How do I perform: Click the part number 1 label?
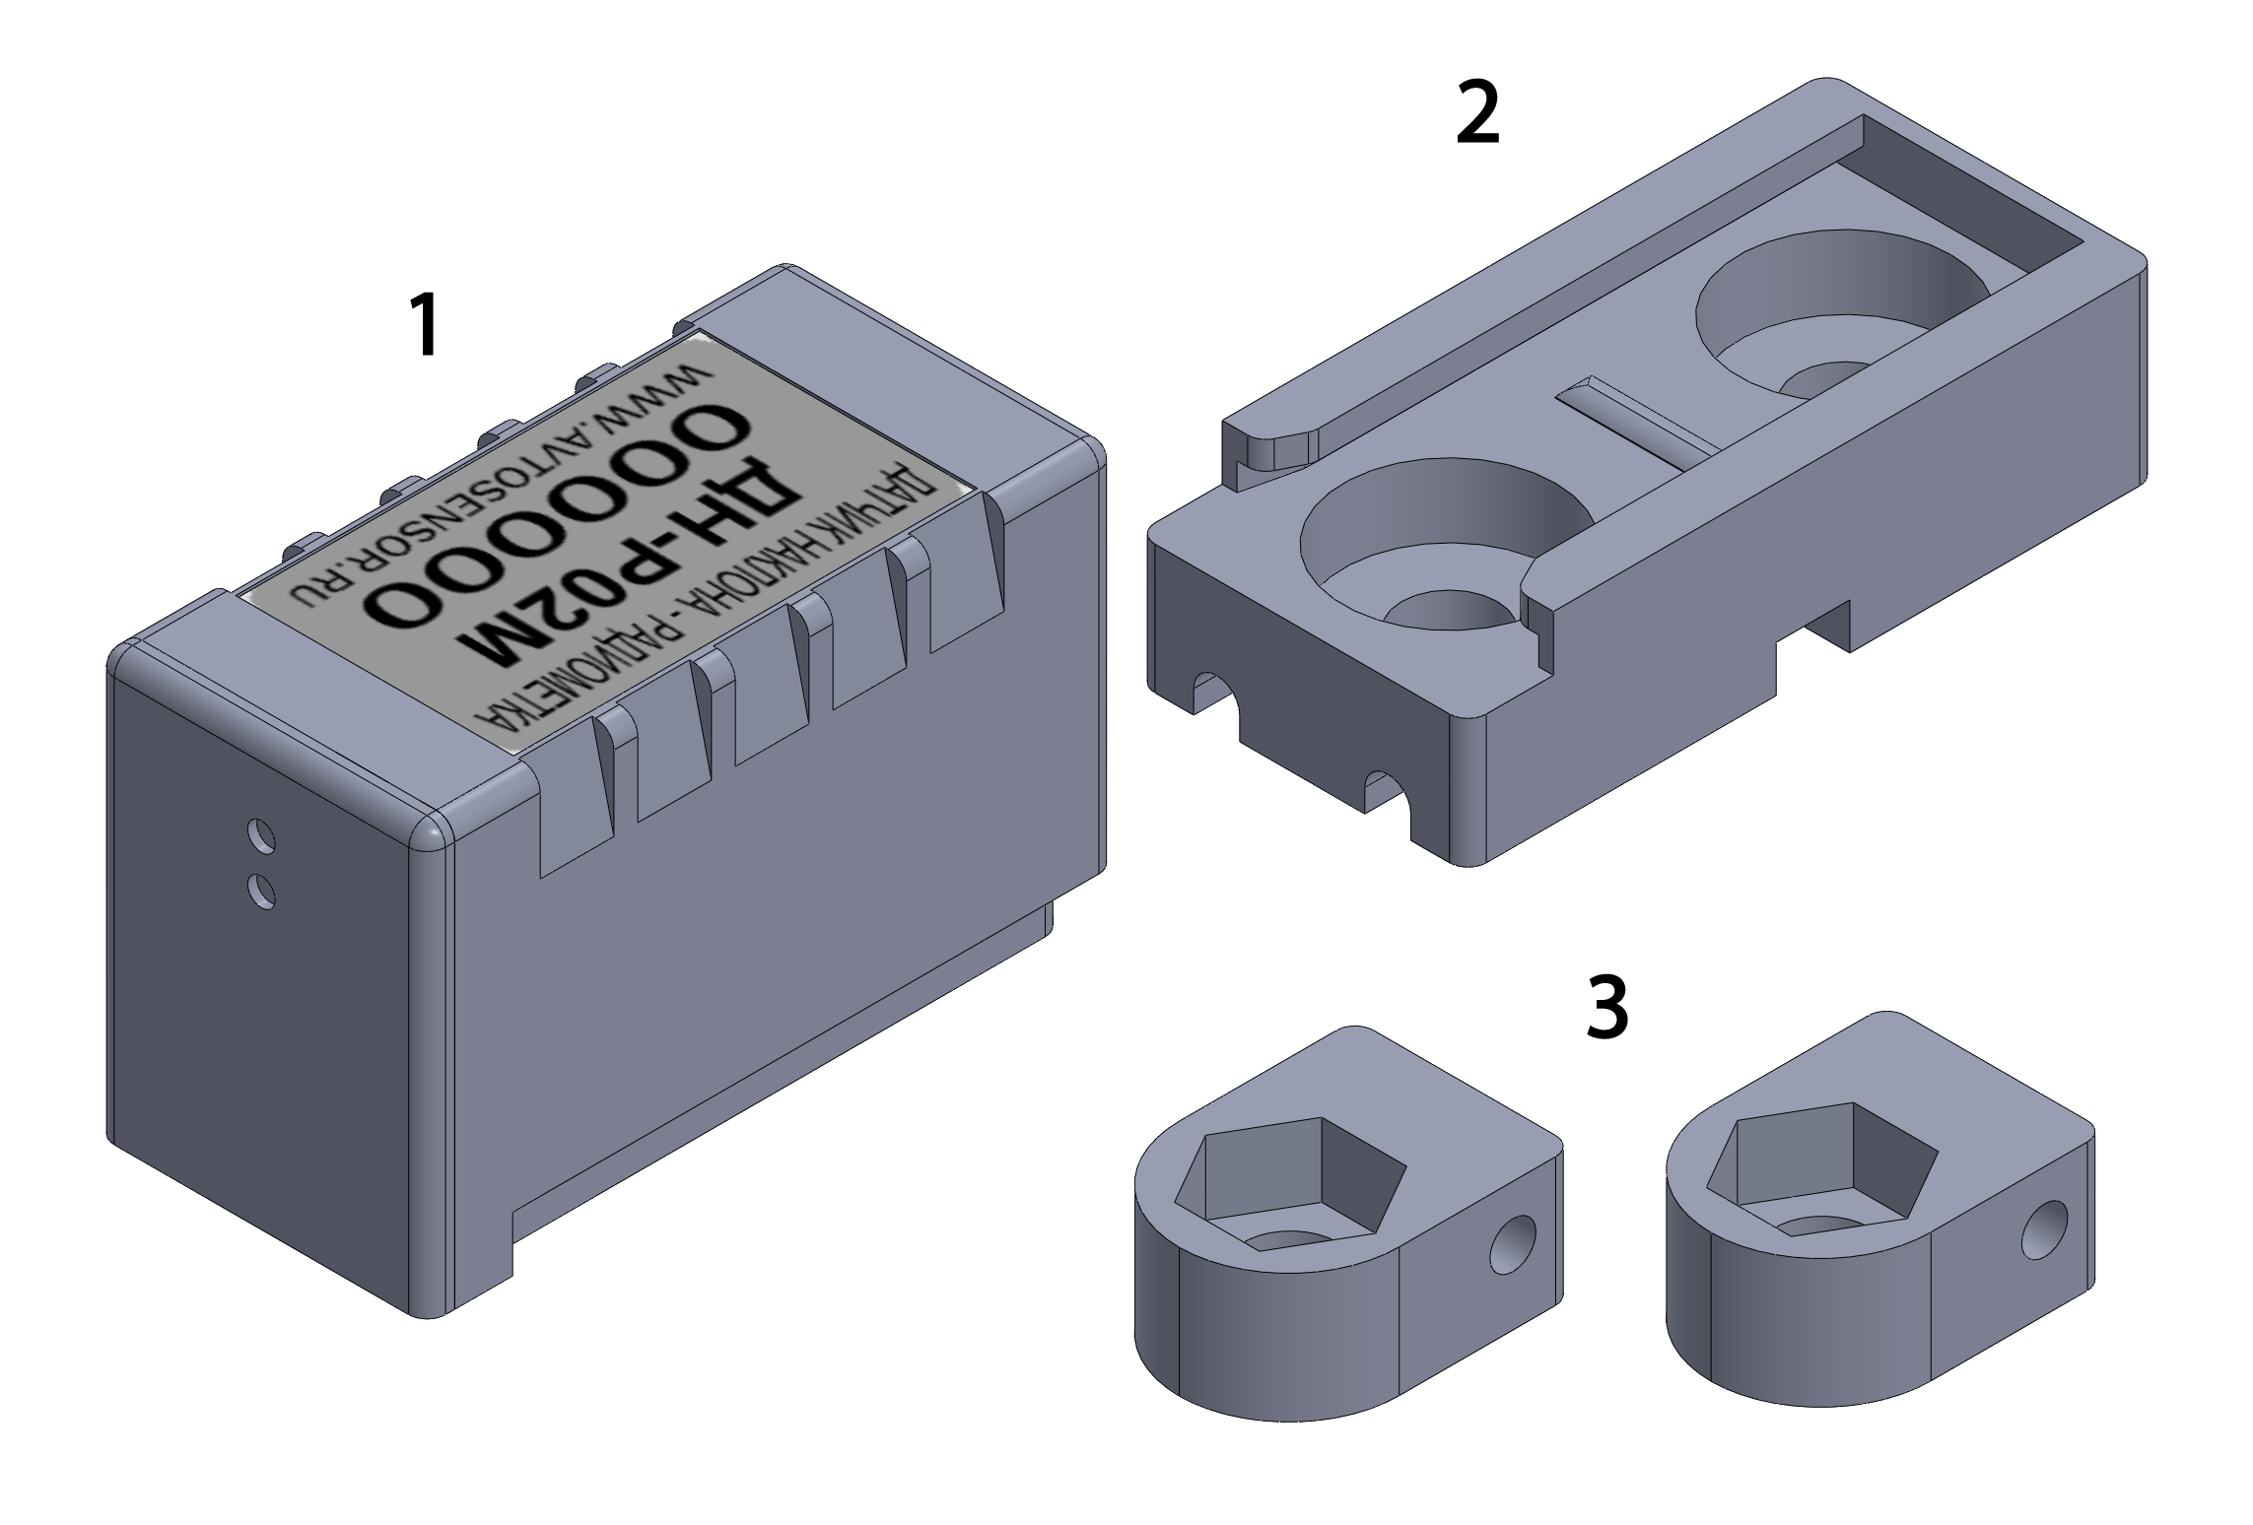(425, 326)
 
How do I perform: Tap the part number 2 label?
(1477, 114)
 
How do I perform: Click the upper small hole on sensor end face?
(260, 835)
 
